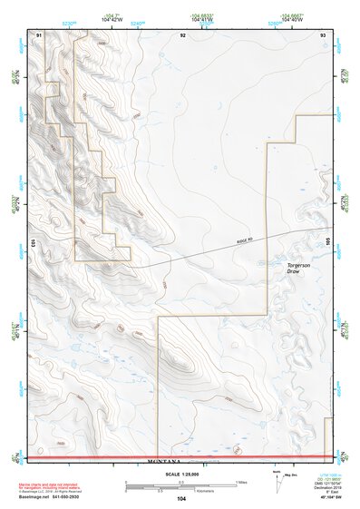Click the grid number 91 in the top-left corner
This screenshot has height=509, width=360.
pyautogui.click(x=38, y=34)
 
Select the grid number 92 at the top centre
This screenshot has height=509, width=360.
pyautogui.click(x=183, y=34)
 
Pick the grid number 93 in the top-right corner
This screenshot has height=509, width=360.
pyautogui.click(x=323, y=34)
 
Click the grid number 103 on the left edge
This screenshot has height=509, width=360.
pyautogui.click(x=32, y=242)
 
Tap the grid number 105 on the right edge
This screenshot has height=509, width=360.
pyautogui.click(x=329, y=242)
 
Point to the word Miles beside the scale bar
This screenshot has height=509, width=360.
pyautogui.click(x=241, y=481)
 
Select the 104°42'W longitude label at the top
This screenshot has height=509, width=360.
pyautogui.click(x=112, y=20)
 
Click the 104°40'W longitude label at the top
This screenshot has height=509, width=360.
pyautogui.click(x=291, y=20)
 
